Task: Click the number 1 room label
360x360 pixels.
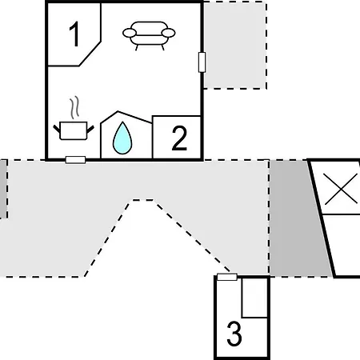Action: point(74,34)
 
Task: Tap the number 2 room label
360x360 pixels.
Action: point(179,138)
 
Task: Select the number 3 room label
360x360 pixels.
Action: point(234,334)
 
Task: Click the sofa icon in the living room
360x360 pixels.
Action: point(149,35)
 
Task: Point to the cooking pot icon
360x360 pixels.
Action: point(74,130)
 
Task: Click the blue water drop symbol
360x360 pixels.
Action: point(122,138)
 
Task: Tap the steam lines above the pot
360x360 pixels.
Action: point(74,107)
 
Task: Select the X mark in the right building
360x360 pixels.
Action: point(341,189)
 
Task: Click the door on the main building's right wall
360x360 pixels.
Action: point(202,62)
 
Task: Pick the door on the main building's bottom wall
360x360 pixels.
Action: point(75,160)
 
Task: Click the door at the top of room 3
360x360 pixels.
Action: point(227,277)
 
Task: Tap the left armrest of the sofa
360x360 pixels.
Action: point(130,33)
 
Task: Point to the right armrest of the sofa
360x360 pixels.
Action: point(169,33)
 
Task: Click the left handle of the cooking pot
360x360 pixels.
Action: point(57,129)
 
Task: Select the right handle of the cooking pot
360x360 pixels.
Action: point(90,129)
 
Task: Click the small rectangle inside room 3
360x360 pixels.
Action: point(254,298)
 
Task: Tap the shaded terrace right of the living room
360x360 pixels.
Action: point(235,46)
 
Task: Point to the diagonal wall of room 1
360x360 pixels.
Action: point(90,54)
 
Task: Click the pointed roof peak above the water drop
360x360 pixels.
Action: point(118,111)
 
